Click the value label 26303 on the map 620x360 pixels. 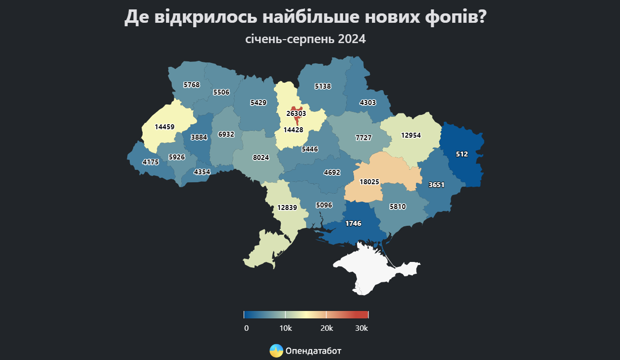tap(296, 113)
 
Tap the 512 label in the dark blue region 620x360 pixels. tap(462, 154)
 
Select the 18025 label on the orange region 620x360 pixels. tap(369, 182)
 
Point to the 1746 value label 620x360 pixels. tap(353, 223)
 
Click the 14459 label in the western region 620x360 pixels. tap(164, 127)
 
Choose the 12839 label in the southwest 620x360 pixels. tap(287, 207)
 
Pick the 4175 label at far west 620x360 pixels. tap(151, 162)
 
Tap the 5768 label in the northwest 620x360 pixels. tap(191, 85)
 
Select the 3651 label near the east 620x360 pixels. tap(436, 185)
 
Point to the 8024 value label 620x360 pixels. tap(260, 157)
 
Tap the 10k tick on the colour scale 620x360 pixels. tap(286, 328)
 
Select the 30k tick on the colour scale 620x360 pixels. tap(362, 328)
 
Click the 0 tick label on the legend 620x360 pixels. tap(246, 328)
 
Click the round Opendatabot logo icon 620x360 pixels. tap(276, 351)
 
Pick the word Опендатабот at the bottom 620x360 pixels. tap(313, 351)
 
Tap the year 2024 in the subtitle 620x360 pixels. tap(352, 39)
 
